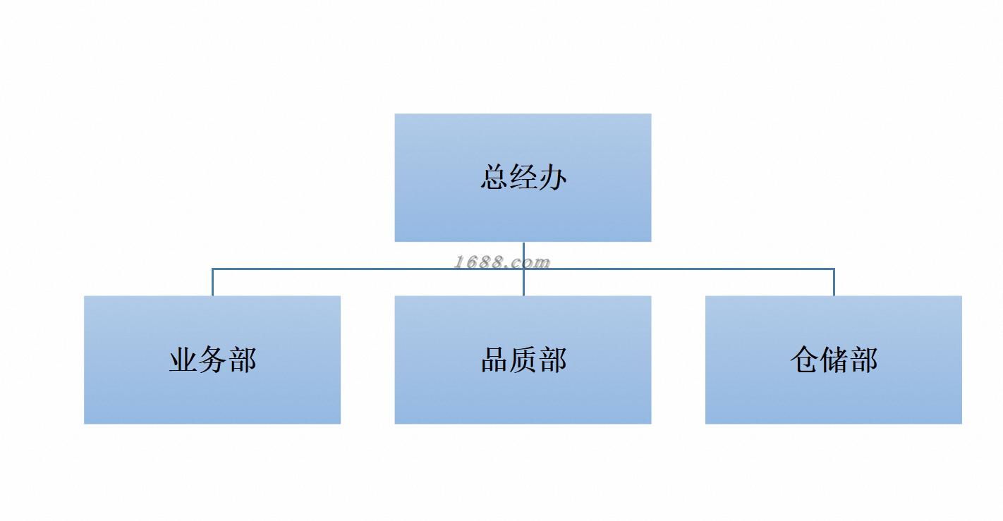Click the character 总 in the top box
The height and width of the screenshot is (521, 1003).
494,177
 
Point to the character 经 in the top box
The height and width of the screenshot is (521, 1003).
523,177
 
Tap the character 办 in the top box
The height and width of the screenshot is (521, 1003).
552,177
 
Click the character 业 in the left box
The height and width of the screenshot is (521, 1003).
183,360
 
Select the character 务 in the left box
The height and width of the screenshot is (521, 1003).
212,360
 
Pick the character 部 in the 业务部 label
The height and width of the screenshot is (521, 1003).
242,360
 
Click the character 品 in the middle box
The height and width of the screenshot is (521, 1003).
494,360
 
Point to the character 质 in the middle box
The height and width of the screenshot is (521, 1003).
523,360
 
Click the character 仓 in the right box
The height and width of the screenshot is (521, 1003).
804,360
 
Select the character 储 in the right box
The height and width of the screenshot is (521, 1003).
834,360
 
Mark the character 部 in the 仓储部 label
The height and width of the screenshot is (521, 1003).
863,360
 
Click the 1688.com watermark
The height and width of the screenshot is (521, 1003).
501,262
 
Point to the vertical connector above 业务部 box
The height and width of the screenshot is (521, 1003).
212,282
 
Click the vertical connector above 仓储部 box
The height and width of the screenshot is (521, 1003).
834,282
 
